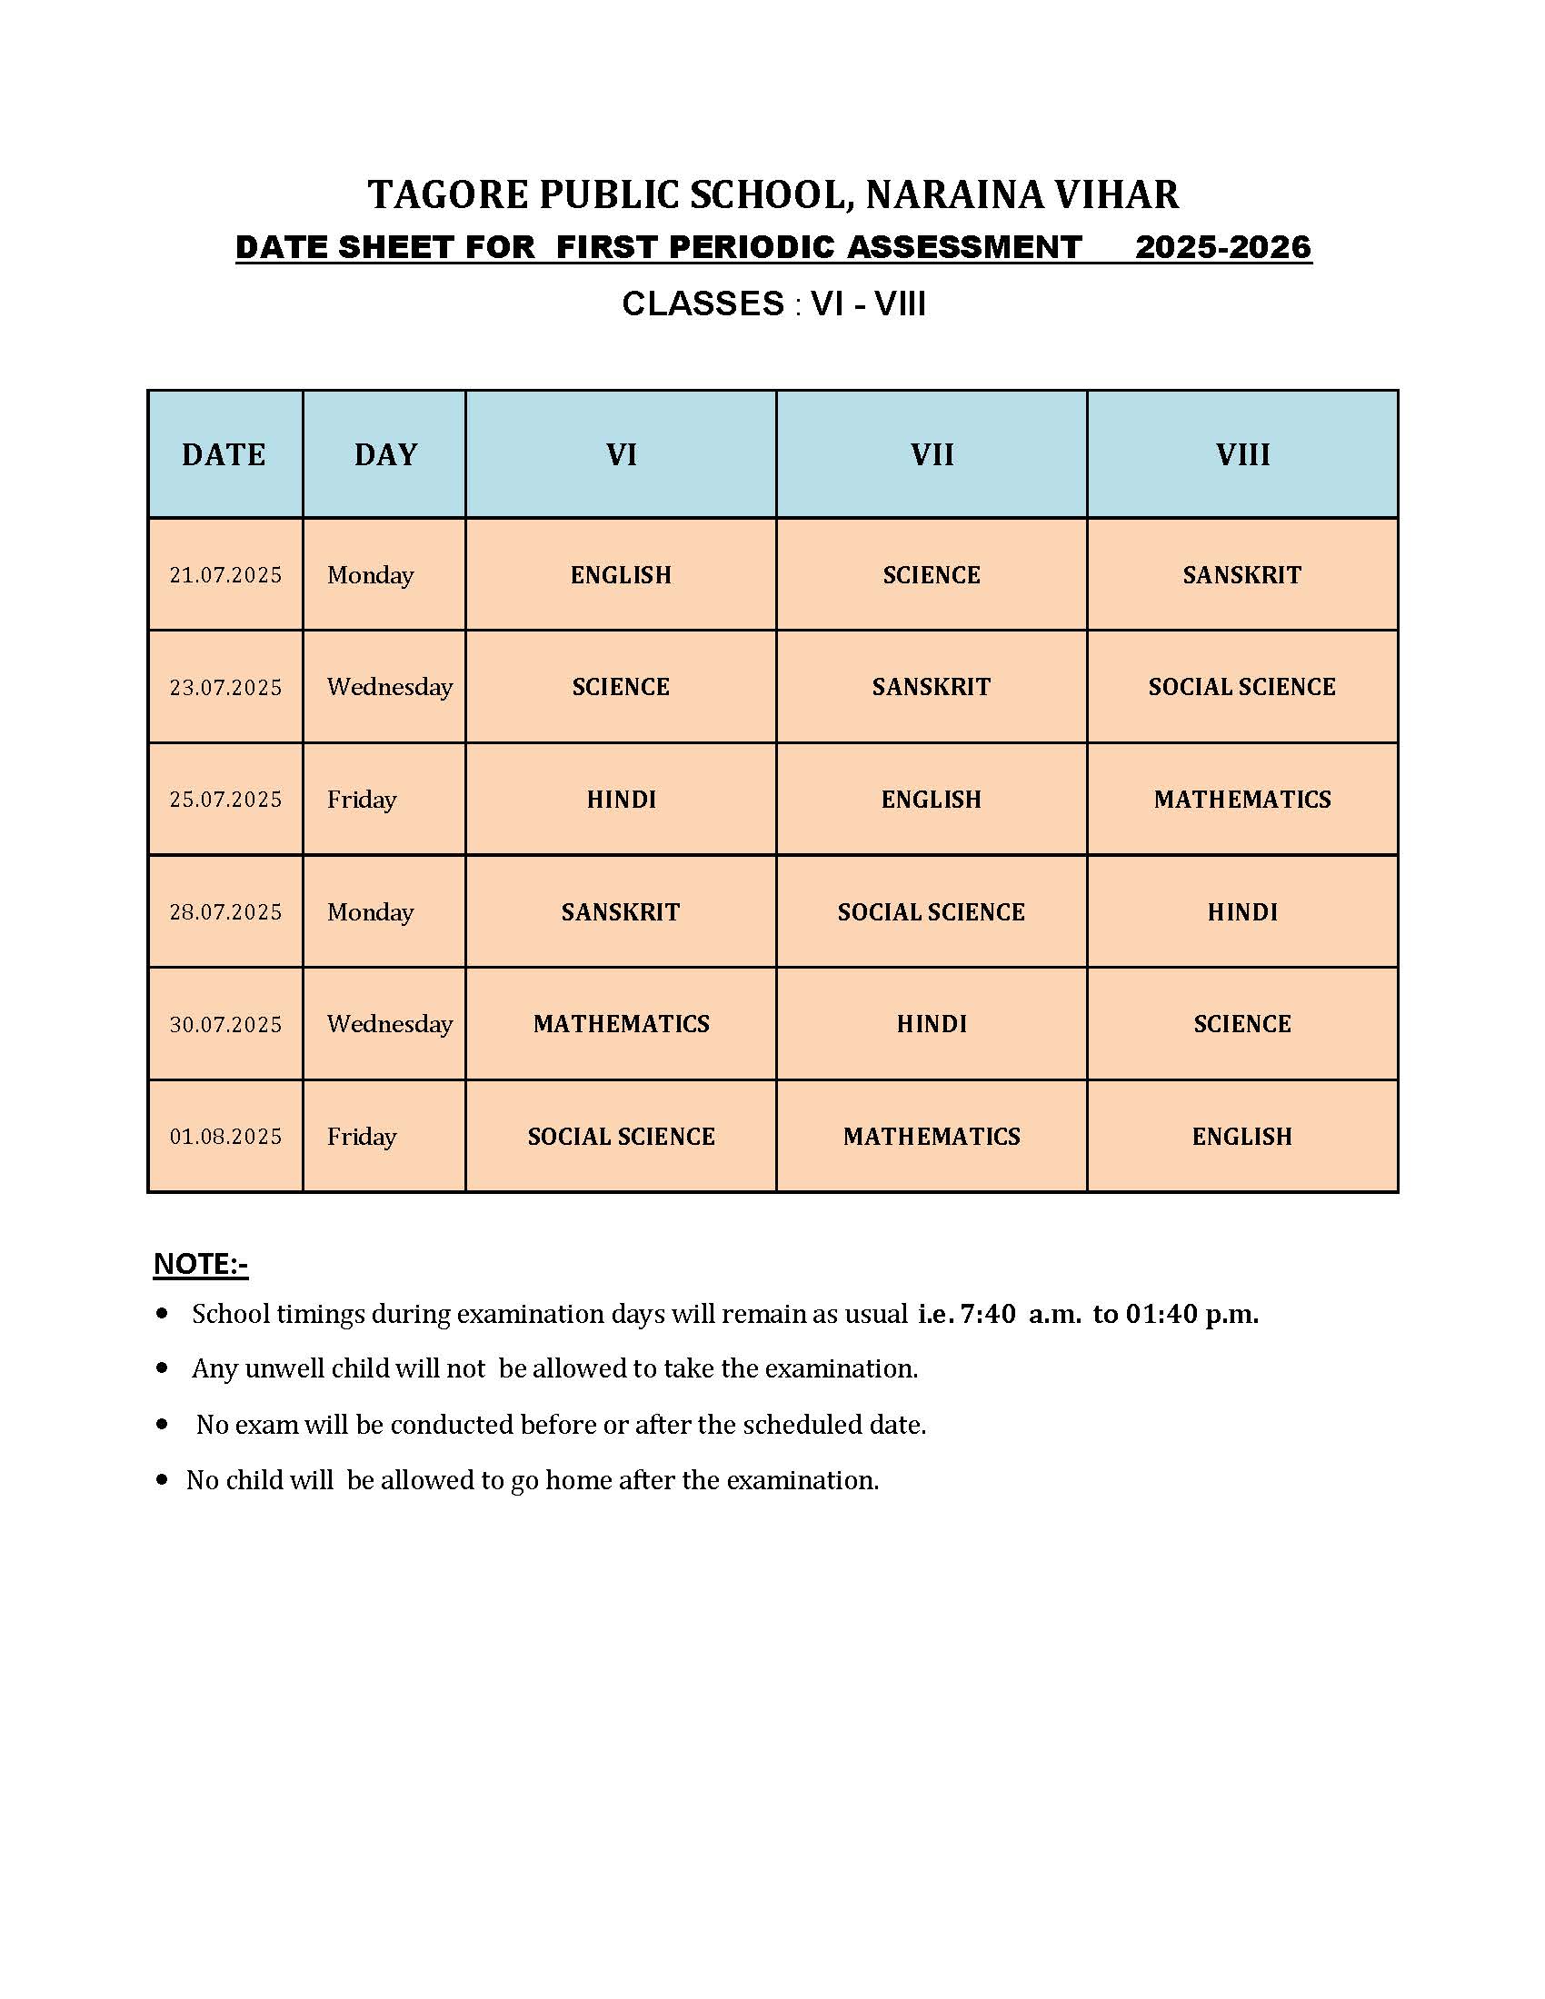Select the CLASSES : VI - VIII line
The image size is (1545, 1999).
pyautogui.click(x=773, y=303)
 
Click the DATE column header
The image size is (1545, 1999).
pyautogui.click(x=224, y=455)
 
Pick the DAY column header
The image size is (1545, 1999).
pyautogui.click(x=385, y=455)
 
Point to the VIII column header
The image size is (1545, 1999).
pyautogui.click(x=1242, y=455)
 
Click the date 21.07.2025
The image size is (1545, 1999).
pyautogui.click(x=225, y=575)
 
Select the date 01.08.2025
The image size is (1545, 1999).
pyautogui.click(x=225, y=1137)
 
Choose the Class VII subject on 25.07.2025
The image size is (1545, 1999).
pyautogui.click(x=931, y=799)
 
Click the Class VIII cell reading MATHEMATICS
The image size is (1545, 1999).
pyautogui.click(x=1242, y=799)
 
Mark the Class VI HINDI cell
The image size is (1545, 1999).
pyautogui.click(x=621, y=799)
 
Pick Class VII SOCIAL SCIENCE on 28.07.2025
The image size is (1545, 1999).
pyautogui.click(x=931, y=911)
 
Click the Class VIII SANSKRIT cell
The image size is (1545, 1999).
pyautogui.click(x=1242, y=575)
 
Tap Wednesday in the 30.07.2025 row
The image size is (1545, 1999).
pyautogui.click(x=390, y=1023)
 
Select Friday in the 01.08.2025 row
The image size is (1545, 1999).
pyautogui.click(x=362, y=1137)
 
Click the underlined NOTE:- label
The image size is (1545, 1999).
pyautogui.click(x=201, y=1264)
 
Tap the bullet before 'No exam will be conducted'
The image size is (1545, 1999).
pyautogui.click(x=163, y=1424)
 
